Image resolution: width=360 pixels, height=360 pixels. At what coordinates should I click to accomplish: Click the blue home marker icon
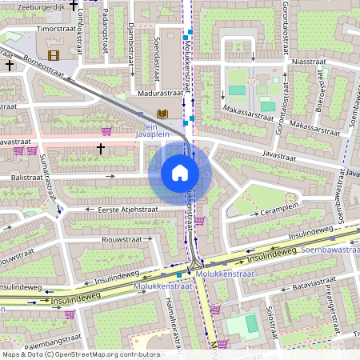(180, 172)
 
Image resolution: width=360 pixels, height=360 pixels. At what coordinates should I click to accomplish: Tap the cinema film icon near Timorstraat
(54, 55)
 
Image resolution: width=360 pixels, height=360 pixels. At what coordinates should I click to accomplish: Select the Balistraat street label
(26, 176)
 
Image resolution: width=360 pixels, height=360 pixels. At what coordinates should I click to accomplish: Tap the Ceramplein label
(278, 212)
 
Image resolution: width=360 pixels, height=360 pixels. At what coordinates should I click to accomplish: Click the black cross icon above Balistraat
(101, 148)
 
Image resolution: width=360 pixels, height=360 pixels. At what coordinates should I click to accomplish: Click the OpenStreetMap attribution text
(80, 354)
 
